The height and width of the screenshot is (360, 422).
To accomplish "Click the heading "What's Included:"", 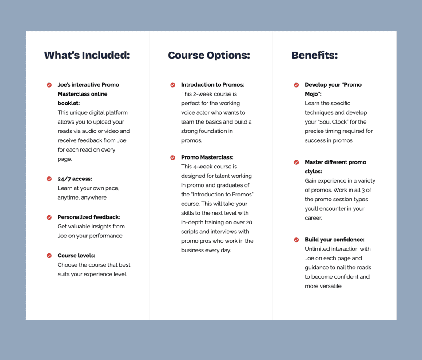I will (87, 56).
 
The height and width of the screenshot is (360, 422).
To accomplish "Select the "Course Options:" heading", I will (209, 56).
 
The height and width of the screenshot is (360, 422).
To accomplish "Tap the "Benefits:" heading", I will (315, 56).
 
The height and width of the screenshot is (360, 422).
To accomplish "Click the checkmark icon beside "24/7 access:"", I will (49, 179).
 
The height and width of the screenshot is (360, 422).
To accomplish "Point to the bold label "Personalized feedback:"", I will (89, 217).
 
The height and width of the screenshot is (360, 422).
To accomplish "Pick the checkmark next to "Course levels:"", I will (49, 256).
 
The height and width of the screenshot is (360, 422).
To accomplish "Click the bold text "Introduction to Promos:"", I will (212, 85).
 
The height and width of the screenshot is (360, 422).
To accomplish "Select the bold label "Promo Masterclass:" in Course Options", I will (207, 157).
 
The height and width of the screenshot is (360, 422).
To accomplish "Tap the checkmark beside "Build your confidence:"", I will (296, 240).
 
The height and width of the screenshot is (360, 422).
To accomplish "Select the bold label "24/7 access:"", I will (75, 179).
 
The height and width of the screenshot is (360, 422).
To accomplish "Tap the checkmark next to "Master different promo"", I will (296, 163).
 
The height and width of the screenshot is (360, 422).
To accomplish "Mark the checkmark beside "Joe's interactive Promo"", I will (49, 85).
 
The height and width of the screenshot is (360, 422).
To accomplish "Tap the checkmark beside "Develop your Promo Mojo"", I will (296, 85).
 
